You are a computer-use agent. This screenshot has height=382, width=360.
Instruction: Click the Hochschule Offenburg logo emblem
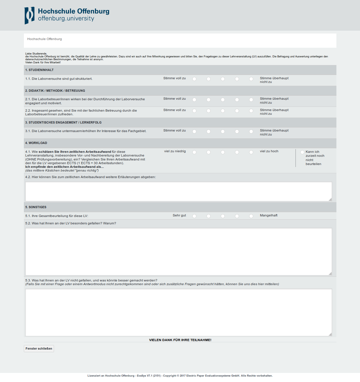pyautogui.click(x=29, y=15)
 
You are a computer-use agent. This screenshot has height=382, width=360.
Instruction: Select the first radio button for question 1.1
pyautogui.click(x=194, y=79)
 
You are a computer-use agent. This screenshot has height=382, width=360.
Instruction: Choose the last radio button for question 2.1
pyautogui.click(x=251, y=100)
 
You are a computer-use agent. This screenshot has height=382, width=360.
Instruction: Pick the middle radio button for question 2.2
pyautogui.click(x=223, y=111)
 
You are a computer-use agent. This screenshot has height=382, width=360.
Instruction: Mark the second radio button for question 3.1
pyautogui.click(x=209, y=131)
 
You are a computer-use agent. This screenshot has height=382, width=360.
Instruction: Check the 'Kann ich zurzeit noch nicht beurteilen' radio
pyautogui.click(x=302, y=152)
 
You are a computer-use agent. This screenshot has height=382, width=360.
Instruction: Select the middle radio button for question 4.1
pyautogui.click(x=223, y=152)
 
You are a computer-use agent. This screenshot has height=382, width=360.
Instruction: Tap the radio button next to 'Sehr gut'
pyautogui.click(x=194, y=216)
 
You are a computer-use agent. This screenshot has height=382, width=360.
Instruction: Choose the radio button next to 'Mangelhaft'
pyautogui.click(x=251, y=216)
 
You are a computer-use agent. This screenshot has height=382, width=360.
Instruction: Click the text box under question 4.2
pyautogui.click(x=178, y=191)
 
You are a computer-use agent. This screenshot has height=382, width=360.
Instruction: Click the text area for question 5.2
pyautogui.click(x=178, y=251)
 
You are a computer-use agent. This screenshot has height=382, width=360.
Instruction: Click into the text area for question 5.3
pyautogui.click(x=178, y=312)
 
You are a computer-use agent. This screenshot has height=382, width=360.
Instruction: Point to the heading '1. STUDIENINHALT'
pyautogui.click(x=39, y=70)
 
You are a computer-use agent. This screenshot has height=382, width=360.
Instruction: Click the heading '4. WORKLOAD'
pyautogui.click(x=36, y=143)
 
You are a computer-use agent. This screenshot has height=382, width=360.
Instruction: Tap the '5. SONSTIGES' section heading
pyautogui.click(x=36, y=207)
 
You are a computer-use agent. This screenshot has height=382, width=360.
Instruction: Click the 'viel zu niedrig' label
pyautogui.click(x=175, y=151)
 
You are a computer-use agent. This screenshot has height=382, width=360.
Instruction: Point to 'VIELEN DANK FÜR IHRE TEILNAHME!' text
pyautogui.click(x=180, y=340)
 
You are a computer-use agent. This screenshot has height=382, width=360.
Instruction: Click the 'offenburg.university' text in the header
pyautogui.click(x=66, y=18)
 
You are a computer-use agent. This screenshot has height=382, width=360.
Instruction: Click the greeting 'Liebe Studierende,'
pyautogui.click(x=36, y=53)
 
